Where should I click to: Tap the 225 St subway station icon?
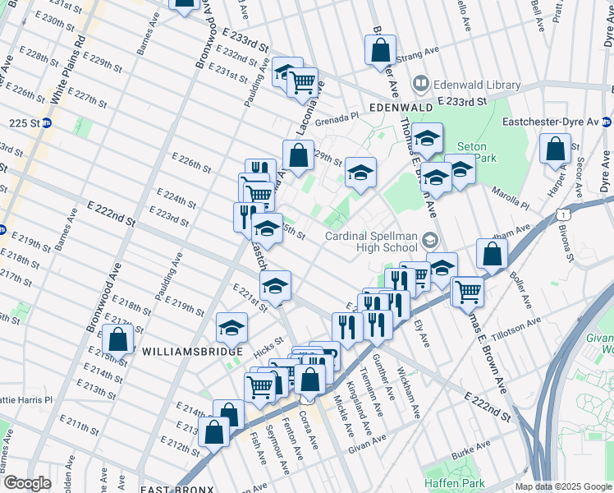(47, 123)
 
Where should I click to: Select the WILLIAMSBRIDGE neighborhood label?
(182, 350)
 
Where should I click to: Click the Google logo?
(27, 483)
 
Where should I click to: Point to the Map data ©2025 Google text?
(562, 486)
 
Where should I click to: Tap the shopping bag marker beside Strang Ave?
(380, 50)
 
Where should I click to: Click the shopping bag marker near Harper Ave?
(556, 150)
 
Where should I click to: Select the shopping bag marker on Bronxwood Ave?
(118, 339)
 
